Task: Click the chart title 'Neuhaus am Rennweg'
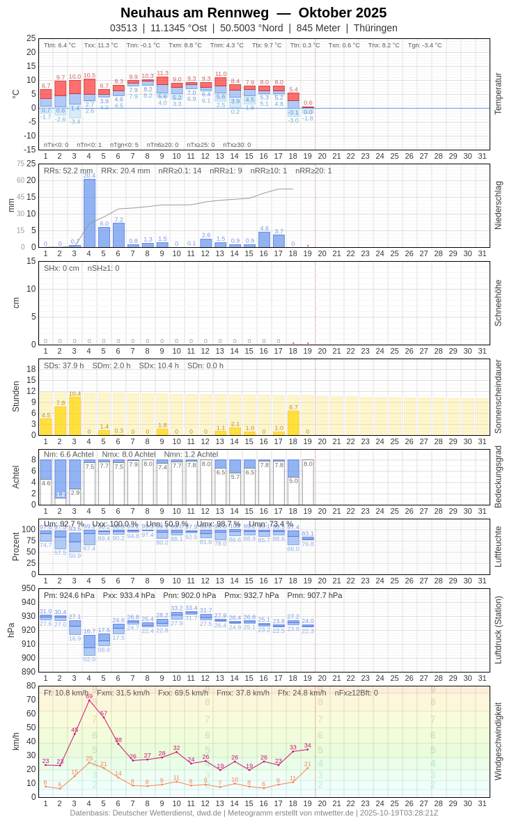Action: [x=194, y=13]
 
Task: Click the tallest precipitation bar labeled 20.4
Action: [x=89, y=212]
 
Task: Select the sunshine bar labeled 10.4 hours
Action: [x=75, y=416]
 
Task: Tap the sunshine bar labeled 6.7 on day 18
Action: [x=293, y=423]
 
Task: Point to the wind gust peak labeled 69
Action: [x=89, y=700]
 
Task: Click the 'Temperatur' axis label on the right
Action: [x=497, y=94]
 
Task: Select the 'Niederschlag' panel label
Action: [x=497, y=205]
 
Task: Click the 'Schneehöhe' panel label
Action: [x=497, y=303]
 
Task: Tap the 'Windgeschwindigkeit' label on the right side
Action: [x=497, y=741]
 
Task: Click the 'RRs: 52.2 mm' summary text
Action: [x=68, y=171]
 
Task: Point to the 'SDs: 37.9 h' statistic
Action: [x=64, y=365]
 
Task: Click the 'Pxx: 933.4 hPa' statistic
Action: [x=129, y=595]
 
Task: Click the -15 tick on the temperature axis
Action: [x=30, y=149]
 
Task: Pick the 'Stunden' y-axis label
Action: [x=15, y=396]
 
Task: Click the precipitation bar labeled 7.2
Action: [x=118, y=235]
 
